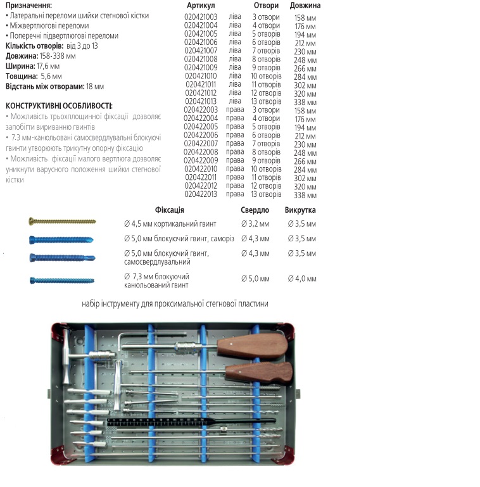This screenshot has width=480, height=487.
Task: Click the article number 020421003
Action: pos(201,16)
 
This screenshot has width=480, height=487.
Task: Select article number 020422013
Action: pos(201,194)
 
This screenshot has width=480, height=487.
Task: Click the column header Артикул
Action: pos(201,6)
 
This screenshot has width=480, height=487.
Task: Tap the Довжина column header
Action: pos(305,6)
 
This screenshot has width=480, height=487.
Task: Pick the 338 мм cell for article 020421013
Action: pos(305,102)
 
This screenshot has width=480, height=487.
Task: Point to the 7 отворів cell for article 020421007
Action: pos(267,51)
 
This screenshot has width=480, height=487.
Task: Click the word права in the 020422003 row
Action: pos(235,110)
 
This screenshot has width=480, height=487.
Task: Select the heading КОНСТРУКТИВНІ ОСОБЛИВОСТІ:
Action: pos(59,106)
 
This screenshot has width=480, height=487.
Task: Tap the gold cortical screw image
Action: pos(62,221)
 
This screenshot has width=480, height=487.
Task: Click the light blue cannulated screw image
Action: pos(61,281)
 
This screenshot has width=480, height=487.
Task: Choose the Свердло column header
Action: pos(255,210)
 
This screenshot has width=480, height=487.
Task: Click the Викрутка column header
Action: pos(300,210)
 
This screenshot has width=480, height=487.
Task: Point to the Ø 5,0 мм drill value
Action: pos(255,279)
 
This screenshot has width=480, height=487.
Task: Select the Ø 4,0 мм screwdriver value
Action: pos(301,279)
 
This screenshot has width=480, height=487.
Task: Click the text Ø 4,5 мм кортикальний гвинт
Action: pos(170,224)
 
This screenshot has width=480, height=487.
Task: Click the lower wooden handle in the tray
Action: pos(260,372)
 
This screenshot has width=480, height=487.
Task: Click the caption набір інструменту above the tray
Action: pos(175,304)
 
